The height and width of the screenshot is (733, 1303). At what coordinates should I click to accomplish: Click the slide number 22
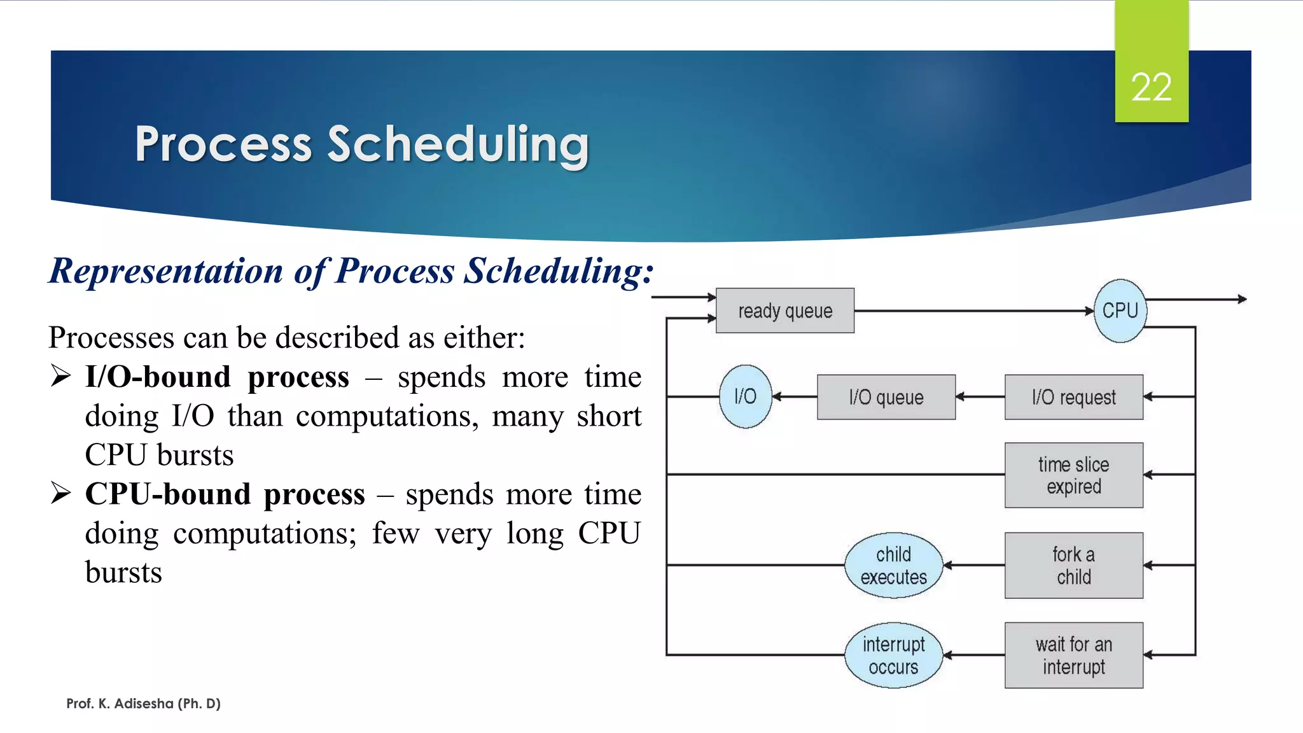pos(1151,87)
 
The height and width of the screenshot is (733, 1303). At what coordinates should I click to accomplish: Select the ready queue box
pos(784,311)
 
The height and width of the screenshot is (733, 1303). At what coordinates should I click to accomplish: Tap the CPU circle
pos(1120,311)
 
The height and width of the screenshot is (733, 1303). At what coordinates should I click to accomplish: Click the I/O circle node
pos(745,396)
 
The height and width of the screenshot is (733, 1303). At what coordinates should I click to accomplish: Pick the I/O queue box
pos(886,397)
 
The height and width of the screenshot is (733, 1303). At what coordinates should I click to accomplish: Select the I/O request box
pos(1073,397)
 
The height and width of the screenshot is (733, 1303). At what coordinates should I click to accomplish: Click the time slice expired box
pos(1073,475)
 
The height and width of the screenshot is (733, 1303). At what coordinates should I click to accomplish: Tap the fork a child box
pos(1073,565)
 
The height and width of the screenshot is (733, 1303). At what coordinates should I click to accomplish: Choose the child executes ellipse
pos(893,565)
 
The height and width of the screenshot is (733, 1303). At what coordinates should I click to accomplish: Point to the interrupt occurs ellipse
pos(893,655)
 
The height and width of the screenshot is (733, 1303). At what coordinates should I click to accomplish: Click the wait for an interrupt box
pos(1073,655)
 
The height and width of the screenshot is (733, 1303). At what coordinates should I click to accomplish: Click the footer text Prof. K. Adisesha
pos(143,703)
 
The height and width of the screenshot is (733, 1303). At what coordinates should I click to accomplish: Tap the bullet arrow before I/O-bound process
pos(61,376)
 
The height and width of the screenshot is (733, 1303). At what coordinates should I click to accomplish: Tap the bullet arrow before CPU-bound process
pos(61,493)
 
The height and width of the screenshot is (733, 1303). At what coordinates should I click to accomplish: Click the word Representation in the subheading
pos(166,271)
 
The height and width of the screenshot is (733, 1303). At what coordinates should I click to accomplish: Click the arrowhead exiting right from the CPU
pos(1241,299)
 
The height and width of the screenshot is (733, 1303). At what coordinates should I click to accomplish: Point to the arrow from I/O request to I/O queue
pos(980,396)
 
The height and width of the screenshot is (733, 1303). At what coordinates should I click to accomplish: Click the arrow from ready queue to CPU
pos(973,311)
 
